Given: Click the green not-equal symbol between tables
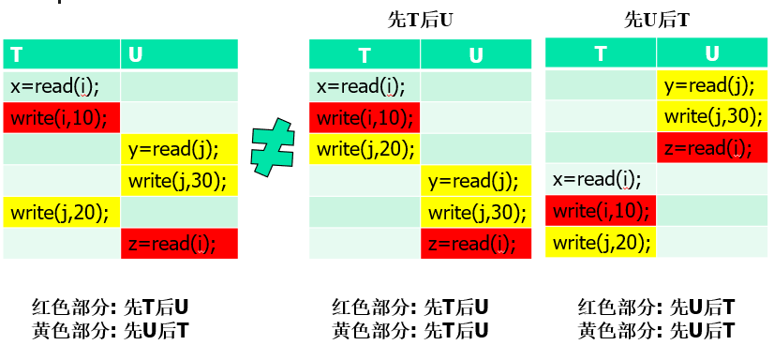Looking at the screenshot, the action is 275,150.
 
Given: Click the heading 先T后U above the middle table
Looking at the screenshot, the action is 420,18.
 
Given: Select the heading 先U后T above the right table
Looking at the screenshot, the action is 657,18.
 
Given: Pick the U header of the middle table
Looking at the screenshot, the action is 475,55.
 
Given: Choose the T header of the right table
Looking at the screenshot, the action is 601,53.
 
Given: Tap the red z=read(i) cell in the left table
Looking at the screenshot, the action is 179,244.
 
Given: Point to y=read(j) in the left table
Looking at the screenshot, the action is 179,149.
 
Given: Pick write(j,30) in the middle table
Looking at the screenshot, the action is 475,212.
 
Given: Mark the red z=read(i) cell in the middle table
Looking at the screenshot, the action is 475,244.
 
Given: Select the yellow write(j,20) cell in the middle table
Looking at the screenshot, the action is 365,149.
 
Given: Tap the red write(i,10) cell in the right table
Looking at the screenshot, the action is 601,210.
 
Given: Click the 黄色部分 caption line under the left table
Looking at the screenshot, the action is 111,330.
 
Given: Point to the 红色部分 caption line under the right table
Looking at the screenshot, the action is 657,307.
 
